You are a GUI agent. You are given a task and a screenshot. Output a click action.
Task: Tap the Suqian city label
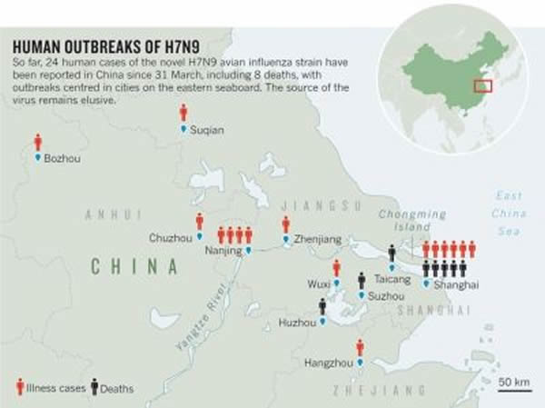point(208,130)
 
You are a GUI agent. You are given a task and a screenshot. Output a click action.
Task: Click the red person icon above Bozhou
point(38,143)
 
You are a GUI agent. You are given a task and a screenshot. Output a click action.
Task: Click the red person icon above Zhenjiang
point(285,224)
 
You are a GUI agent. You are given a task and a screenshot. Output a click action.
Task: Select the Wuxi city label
point(318,284)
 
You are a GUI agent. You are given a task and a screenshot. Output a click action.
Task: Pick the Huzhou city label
point(295,322)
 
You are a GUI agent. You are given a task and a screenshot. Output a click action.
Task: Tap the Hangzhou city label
point(327,363)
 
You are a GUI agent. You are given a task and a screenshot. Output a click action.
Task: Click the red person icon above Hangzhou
point(361,347)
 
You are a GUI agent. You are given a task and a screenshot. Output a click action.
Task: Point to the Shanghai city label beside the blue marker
point(458,284)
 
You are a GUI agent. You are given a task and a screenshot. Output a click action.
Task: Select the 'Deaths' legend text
point(115,389)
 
